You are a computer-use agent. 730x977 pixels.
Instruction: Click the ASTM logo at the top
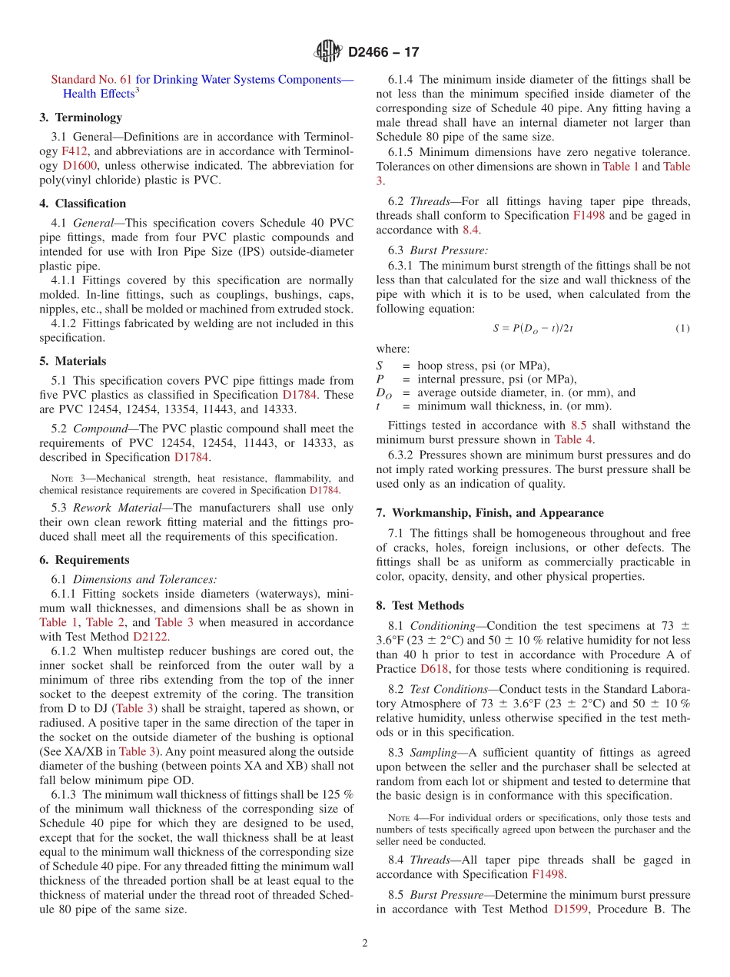click(328, 51)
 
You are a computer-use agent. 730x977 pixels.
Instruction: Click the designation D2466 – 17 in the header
click(383, 52)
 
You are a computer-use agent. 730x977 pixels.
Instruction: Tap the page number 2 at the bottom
click(365, 943)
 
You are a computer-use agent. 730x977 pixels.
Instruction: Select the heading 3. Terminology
click(81, 118)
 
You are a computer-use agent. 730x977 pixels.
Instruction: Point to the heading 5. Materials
click(73, 361)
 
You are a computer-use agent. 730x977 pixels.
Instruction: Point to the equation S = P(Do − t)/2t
click(533, 329)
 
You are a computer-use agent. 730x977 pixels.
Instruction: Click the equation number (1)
click(682, 329)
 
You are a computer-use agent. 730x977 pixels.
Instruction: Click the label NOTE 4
click(402, 818)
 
